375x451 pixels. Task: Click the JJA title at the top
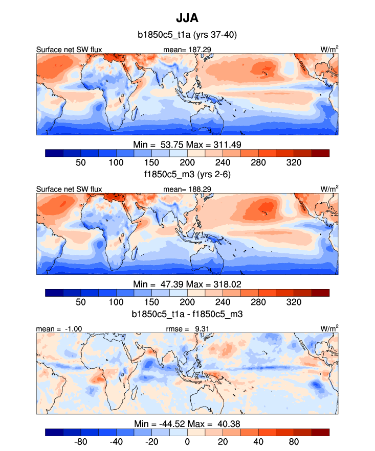pos(187,18)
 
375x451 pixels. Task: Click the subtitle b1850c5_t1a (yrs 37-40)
pos(187,35)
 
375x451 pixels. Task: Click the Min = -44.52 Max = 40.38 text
pos(187,423)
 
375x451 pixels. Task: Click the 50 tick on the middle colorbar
pos(80,302)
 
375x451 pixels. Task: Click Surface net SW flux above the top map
pos(69,50)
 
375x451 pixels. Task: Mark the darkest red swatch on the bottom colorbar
pos(320,432)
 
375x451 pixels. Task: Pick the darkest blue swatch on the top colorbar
pos(54,153)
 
